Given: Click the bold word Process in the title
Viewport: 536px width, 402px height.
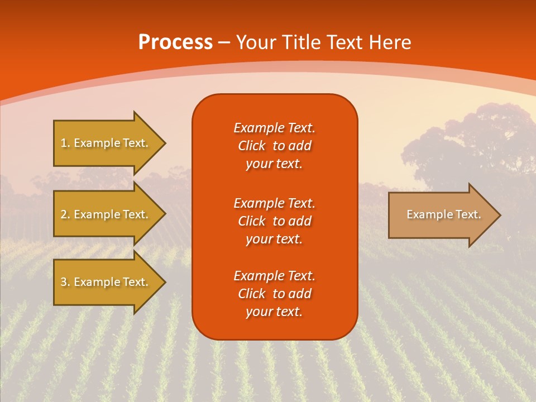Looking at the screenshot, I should coord(175,42).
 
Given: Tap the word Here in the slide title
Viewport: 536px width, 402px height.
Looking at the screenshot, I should coord(390,42).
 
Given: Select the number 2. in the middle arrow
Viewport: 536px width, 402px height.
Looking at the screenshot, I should coord(65,214).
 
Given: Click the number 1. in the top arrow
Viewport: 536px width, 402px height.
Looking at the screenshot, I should coord(65,143).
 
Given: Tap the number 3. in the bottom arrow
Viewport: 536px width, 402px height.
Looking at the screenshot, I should coord(65,282).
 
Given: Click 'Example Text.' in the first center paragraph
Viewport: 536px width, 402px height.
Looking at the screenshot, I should coord(274,128).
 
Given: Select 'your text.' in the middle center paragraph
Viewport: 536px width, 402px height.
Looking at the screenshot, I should coord(274,239).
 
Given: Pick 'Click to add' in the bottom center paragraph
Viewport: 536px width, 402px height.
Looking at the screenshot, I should coord(274,294).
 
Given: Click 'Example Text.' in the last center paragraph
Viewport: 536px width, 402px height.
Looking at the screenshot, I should coord(274,276).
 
